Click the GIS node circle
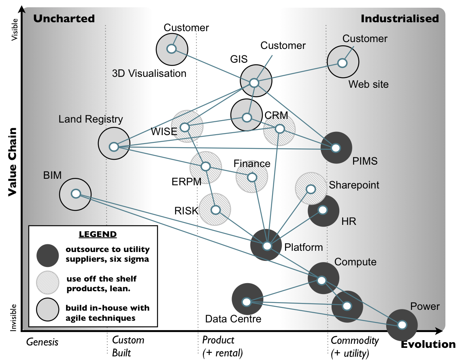click(x=254, y=83)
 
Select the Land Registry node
click(x=114, y=146)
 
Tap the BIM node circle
click(x=75, y=194)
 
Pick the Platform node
click(x=266, y=246)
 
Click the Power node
click(x=402, y=324)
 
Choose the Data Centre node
click(x=246, y=302)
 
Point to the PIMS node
click(x=335, y=148)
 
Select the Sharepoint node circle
click(x=311, y=189)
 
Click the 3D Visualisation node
click(x=171, y=49)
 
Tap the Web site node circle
click(x=342, y=63)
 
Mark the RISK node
click(x=215, y=210)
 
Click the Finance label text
click(x=252, y=164)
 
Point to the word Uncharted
click(x=64, y=19)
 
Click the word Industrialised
click(x=399, y=19)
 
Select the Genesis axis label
click(x=43, y=342)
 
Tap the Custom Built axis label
click(x=128, y=346)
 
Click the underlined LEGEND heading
click(x=98, y=234)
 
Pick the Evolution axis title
click(x=428, y=344)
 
